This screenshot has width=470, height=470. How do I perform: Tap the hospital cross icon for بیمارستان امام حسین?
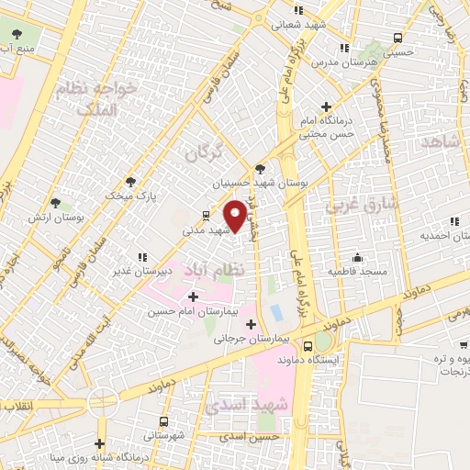coord(192,297)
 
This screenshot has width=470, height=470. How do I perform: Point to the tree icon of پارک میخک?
coord(129,181)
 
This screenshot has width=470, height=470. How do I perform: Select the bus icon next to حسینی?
coord(397,39)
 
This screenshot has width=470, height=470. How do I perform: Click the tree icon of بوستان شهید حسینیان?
coord(260,169)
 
